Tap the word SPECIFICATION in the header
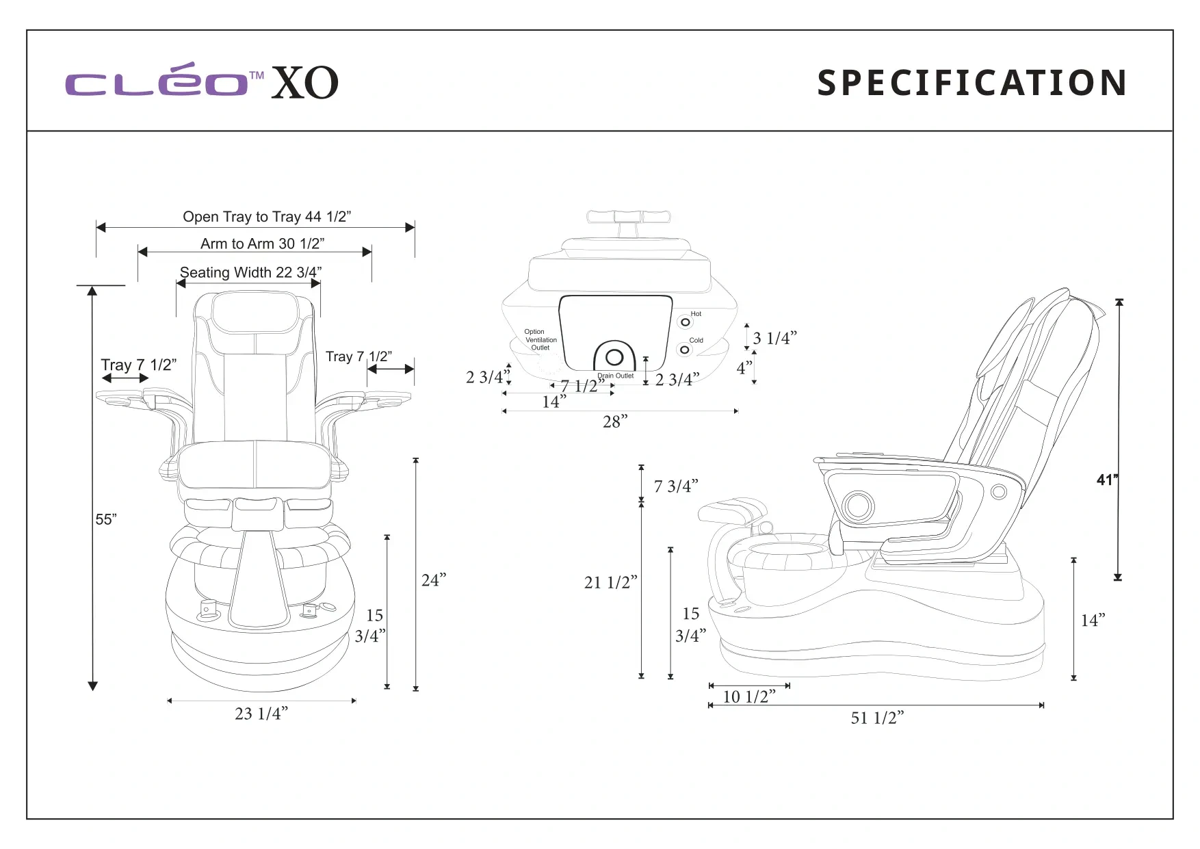coord(972,83)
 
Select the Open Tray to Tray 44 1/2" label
coord(267,216)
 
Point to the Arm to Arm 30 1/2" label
coord(263,244)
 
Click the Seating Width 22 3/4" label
coord(250,272)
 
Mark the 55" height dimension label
coord(106,519)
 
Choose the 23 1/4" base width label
coord(261,714)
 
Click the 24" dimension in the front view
coord(434,580)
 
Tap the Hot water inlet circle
coord(686,322)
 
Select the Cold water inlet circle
coord(684,350)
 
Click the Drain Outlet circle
coord(614,356)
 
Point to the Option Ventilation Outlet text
coord(540,339)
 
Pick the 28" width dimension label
coord(615,421)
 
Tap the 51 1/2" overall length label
coord(877,718)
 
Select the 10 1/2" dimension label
coord(749,696)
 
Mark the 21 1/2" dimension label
coord(610,582)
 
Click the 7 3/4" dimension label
coord(676,486)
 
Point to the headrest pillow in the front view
coord(255,313)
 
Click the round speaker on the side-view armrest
coord(858,506)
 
